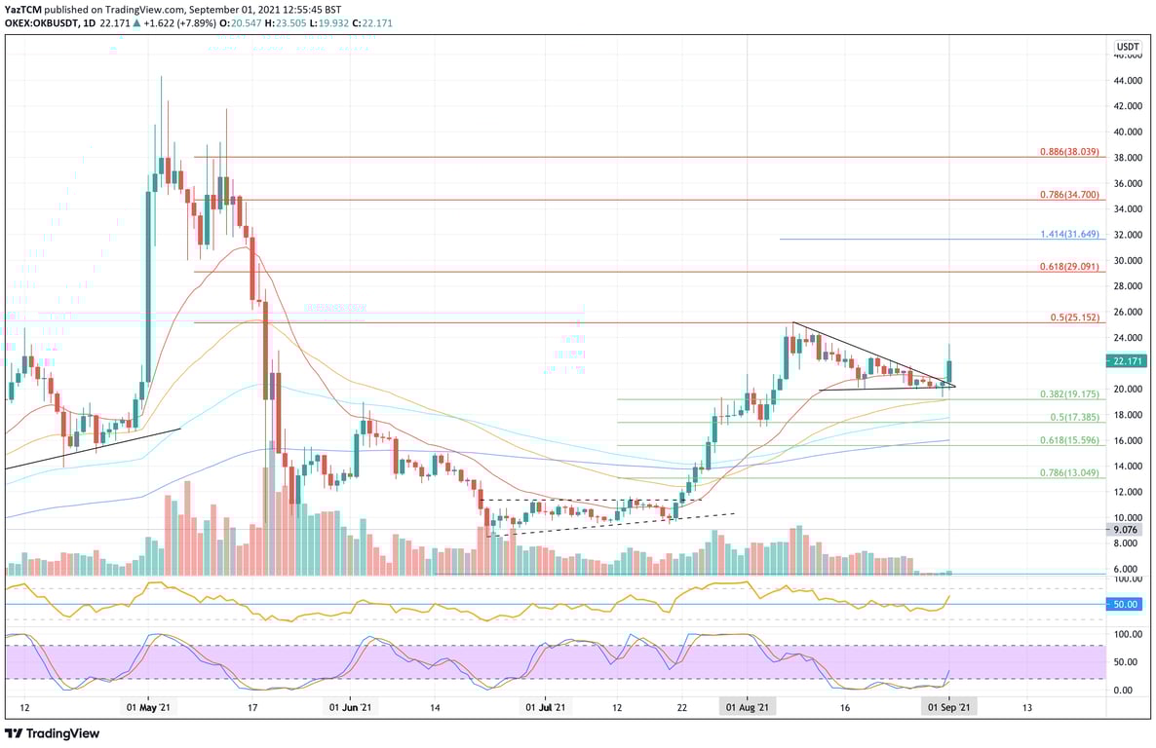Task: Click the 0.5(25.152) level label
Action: coord(1074,318)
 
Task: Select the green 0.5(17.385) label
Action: coord(1074,417)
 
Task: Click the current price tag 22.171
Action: coord(1128,361)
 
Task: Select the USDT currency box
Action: coord(1128,47)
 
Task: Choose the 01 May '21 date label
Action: coord(148,708)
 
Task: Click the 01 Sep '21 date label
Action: coord(948,708)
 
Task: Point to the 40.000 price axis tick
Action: coord(1128,131)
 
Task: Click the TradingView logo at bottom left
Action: coord(46,732)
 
